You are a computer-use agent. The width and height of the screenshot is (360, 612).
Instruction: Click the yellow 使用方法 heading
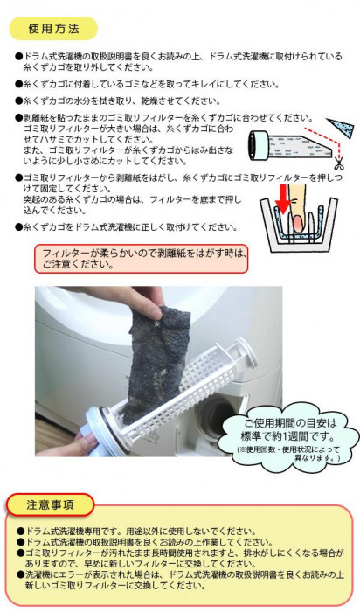click(x=53, y=29)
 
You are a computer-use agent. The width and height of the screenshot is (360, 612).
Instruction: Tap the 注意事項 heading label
click(x=50, y=505)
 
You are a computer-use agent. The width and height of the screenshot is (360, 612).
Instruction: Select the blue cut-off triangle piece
click(x=342, y=127)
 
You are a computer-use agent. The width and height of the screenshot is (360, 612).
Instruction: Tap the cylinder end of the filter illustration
click(x=260, y=145)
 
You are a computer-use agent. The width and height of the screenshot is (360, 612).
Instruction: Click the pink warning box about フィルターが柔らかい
click(x=142, y=259)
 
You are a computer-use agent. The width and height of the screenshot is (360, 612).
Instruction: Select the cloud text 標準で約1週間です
click(x=287, y=435)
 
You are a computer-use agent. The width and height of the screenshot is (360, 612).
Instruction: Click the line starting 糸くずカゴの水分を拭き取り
click(x=118, y=101)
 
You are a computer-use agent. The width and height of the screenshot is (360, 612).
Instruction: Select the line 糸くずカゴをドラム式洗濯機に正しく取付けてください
click(x=126, y=226)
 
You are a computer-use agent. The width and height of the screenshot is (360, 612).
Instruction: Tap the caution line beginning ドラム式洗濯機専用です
click(x=136, y=532)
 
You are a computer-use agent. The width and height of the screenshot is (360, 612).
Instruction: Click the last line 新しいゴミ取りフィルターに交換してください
click(x=115, y=586)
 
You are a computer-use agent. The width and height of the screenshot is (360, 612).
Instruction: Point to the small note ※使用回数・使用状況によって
click(x=289, y=449)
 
